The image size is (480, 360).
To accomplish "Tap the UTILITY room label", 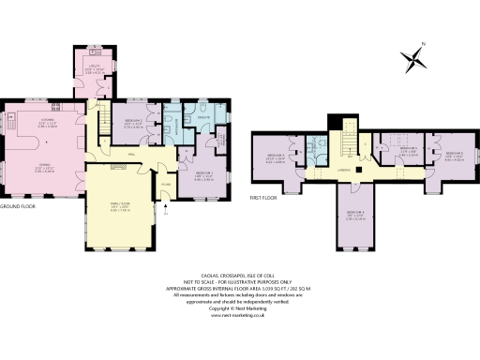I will coord(94,65).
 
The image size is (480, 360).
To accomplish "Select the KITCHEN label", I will coord(47,121).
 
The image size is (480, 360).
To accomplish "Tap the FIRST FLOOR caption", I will coord(267,198).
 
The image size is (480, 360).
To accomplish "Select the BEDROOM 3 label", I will coord(275,155).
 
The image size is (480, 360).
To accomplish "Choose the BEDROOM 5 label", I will coord(454,155).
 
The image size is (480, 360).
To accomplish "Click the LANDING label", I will coord(345,170).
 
